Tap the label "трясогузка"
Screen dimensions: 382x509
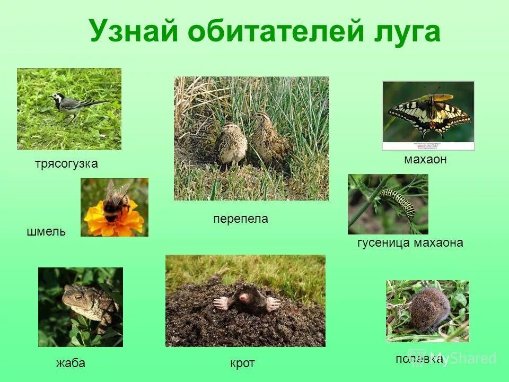66,164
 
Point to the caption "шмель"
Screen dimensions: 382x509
46,231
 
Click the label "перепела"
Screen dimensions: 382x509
241,219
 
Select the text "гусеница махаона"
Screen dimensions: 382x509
410,243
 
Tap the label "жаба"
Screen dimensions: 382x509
71,363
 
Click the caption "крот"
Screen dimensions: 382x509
242,363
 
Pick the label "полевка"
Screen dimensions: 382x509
419,359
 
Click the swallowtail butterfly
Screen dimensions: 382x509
429,114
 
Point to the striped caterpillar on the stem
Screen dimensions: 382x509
398,202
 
